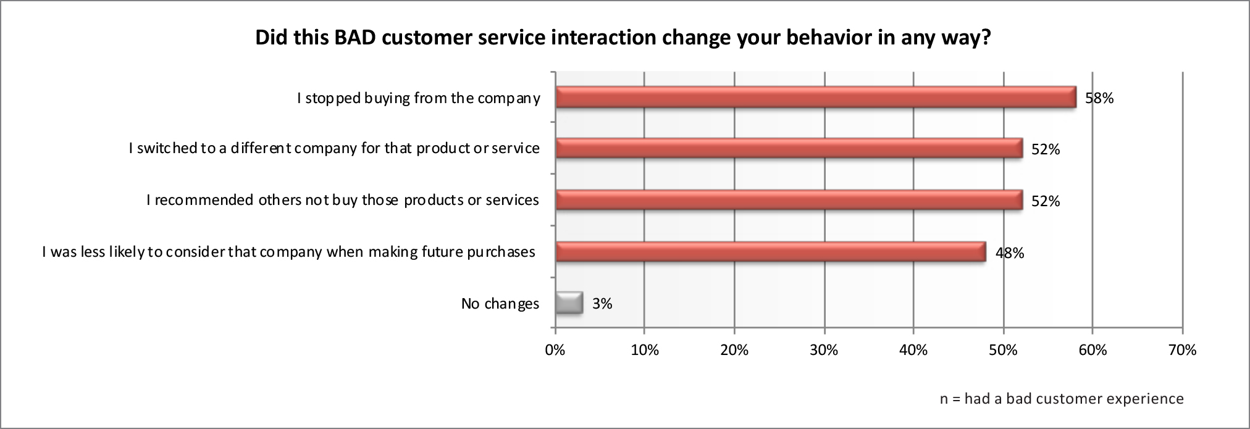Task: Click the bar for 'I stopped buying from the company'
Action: pyautogui.click(x=815, y=98)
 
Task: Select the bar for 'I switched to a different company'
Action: pyautogui.click(x=789, y=149)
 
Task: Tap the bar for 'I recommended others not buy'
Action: pyautogui.click(x=789, y=201)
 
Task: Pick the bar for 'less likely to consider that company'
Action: pyautogui.click(x=770, y=252)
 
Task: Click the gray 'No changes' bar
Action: pyautogui.click(x=569, y=303)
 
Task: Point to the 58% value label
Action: pyautogui.click(x=1099, y=98)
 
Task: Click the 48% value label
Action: pyautogui.click(x=1010, y=252)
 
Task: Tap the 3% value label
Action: pyautogui.click(x=602, y=304)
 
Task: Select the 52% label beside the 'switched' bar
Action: pyautogui.click(x=1045, y=149)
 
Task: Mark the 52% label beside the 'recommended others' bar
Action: pyautogui.click(x=1045, y=201)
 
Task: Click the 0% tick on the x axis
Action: pyautogui.click(x=555, y=350)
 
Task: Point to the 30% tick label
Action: pyautogui.click(x=824, y=350)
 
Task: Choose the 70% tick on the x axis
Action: pyautogui.click(x=1183, y=350)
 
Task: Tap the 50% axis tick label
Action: pyautogui.click(x=1003, y=350)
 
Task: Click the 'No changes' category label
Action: pyautogui.click(x=500, y=304)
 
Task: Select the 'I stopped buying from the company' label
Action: pyautogui.click(x=418, y=98)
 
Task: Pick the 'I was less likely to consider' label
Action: pyautogui.click(x=288, y=252)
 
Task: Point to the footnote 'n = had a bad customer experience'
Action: pyautogui.click(x=1061, y=399)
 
